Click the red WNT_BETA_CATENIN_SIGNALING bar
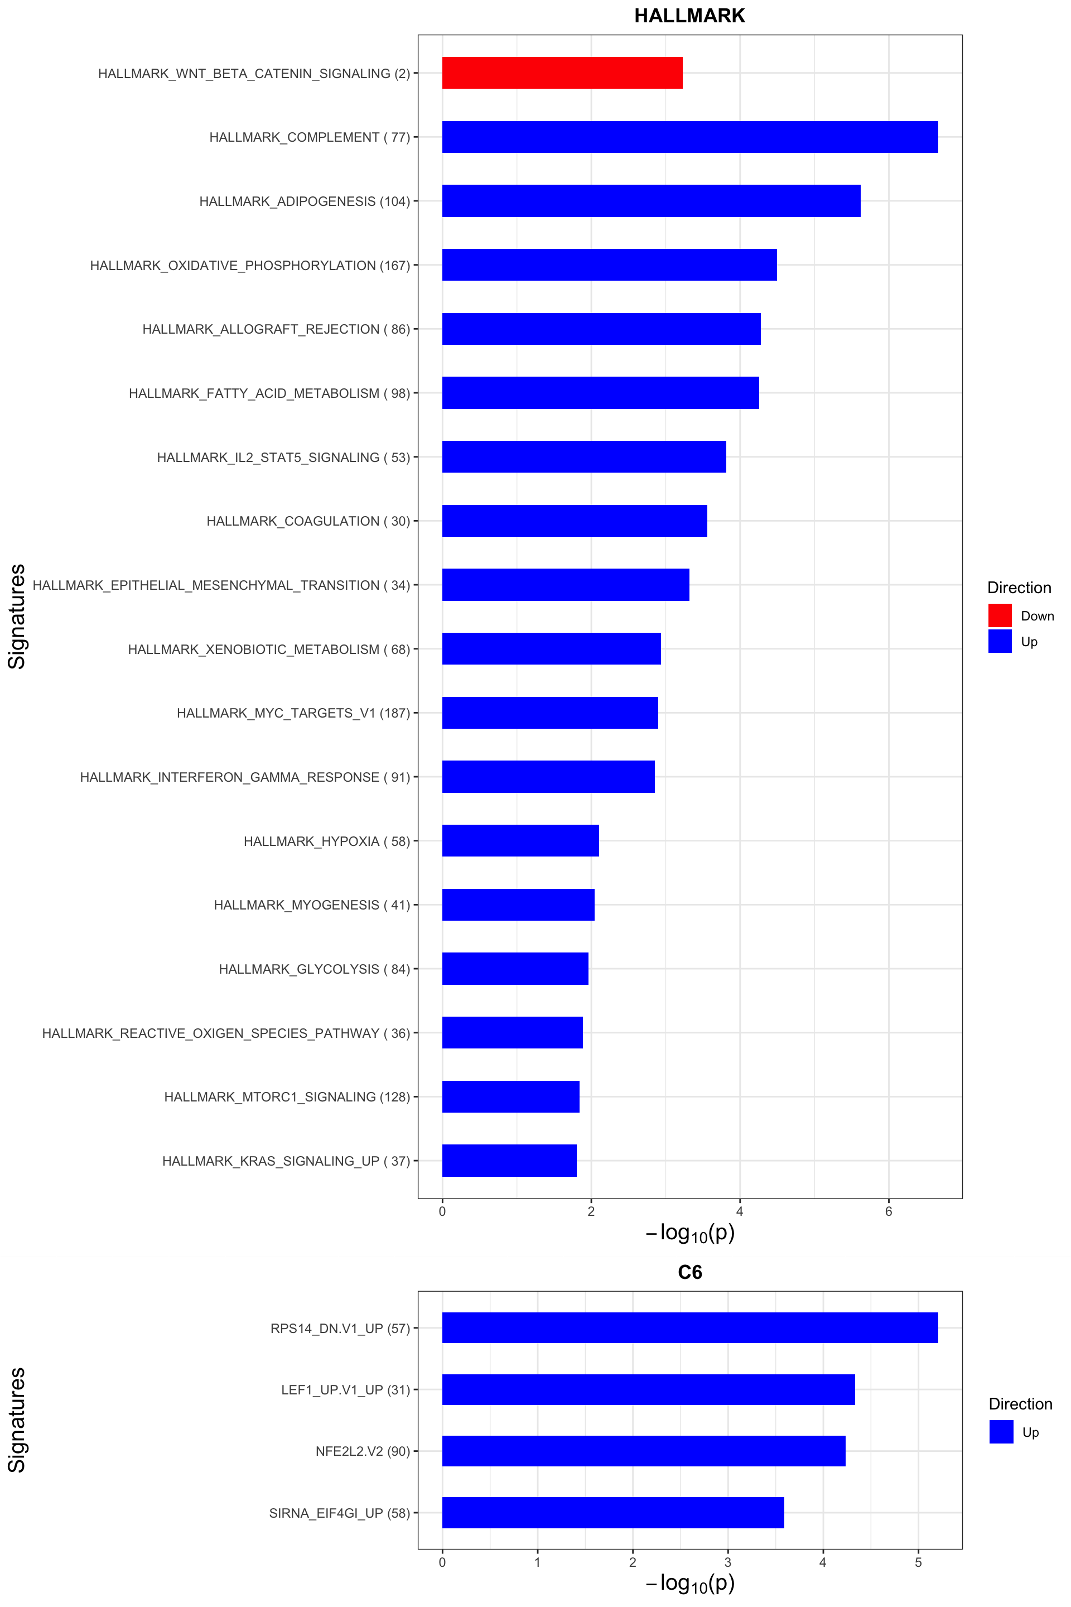pyautogui.click(x=562, y=73)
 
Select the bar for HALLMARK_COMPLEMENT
pyautogui.click(x=690, y=137)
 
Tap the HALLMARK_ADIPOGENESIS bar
pyautogui.click(x=651, y=201)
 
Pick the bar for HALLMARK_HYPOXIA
pyautogui.click(x=520, y=840)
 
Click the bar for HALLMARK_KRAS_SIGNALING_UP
pyautogui.click(x=509, y=1160)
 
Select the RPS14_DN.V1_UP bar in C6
pyautogui.click(x=690, y=1327)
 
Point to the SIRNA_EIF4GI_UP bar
pyautogui.click(x=612, y=1513)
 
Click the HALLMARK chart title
pyautogui.click(x=689, y=16)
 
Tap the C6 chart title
pyautogui.click(x=690, y=1273)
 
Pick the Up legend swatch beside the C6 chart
pyautogui.click(x=1001, y=1432)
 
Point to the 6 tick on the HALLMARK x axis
pyautogui.click(x=889, y=1212)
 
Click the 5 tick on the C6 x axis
pyautogui.click(x=918, y=1562)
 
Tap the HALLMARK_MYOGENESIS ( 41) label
pyautogui.click(x=311, y=904)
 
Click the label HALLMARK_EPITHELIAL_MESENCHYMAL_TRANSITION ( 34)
pyautogui.click(x=221, y=585)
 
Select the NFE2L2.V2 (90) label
pyautogui.click(x=363, y=1451)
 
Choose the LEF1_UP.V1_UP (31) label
pyautogui.click(x=346, y=1390)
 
